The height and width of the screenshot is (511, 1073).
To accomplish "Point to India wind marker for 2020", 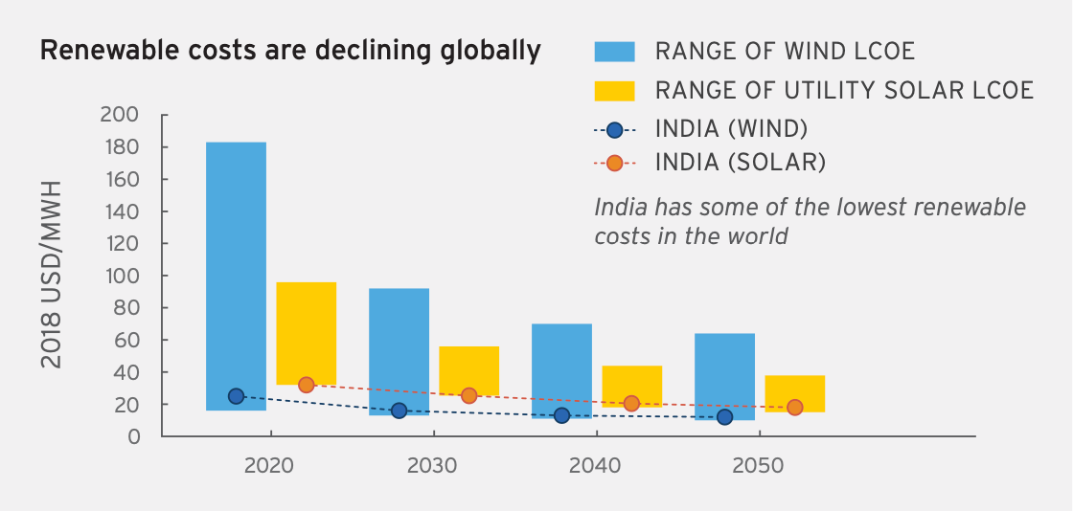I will tap(236, 396).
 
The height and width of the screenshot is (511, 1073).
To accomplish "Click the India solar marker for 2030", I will tap(468, 395).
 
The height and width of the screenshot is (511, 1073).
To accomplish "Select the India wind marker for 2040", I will tap(561, 415).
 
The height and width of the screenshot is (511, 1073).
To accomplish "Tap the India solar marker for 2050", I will tap(794, 408).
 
